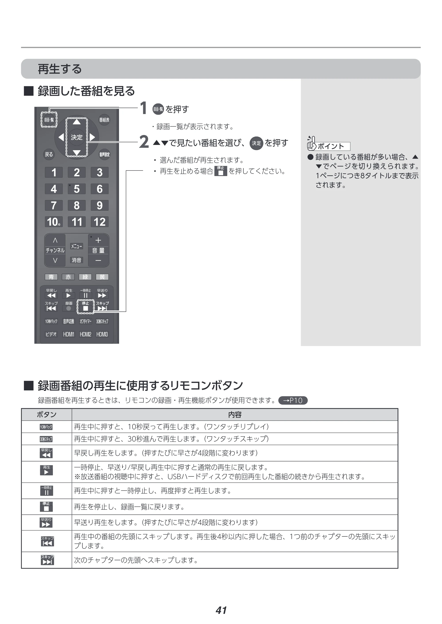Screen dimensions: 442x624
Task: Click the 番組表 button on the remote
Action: pyautogui.click(x=104, y=120)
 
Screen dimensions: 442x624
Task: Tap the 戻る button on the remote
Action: pyautogui.click(x=49, y=154)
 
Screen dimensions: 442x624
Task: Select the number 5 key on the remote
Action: pyautogui.click(x=77, y=189)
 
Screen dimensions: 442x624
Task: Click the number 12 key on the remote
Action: pyautogui.click(x=100, y=222)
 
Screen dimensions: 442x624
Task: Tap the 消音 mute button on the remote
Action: pyautogui.click(x=76, y=260)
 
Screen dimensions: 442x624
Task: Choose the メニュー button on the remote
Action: pyautogui.click(x=76, y=246)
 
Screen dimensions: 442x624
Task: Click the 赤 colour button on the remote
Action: pyautogui.click(x=68, y=277)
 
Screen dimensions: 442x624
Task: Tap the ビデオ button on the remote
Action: pyautogui.click(x=51, y=334)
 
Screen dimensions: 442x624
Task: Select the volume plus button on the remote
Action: pyautogui.click(x=98, y=240)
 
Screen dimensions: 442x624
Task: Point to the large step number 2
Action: pyautogui.click(x=144, y=142)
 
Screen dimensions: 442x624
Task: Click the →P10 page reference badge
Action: pyautogui.click(x=293, y=401)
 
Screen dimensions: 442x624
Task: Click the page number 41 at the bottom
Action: pyautogui.click(x=221, y=610)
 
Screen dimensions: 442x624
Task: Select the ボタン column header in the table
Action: pyautogui.click(x=47, y=414)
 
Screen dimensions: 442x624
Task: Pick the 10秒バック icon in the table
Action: pyautogui.click(x=46, y=427)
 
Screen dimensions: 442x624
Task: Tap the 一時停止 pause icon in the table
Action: pyautogui.click(x=47, y=491)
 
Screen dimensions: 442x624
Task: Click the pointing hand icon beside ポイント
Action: pyautogui.click(x=312, y=143)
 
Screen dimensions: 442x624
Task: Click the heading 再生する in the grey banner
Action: pyautogui.click(x=60, y=69)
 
